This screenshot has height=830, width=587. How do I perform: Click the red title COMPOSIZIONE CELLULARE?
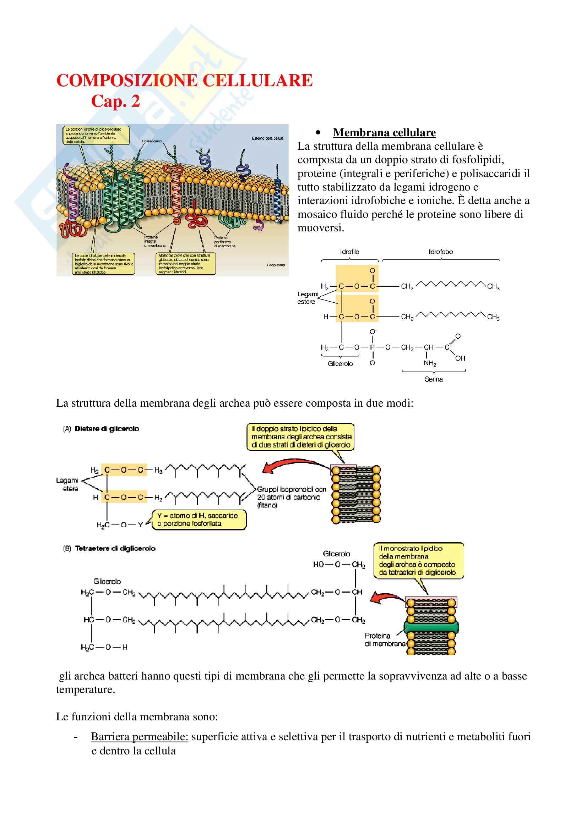click(x=184, y=80)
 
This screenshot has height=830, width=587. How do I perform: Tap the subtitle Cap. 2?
click(x=115, y=101)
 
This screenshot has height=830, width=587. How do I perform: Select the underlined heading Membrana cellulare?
click(x=384, y=133)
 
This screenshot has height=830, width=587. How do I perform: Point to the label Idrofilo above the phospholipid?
click(x=349, y=252)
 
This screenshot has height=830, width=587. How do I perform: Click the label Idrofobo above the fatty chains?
click(x=441, y=252)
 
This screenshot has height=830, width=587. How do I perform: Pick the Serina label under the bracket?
click(x=433, y=379)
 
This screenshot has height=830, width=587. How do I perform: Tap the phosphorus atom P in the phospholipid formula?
click(x=372, y=347)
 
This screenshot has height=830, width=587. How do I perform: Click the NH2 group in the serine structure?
click(x=430, y=363)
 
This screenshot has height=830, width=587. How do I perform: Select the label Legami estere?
click(x=307, y=298)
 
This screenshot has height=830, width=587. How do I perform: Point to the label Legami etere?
click(x=67, y=484)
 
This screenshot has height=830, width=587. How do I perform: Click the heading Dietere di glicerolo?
click(x=107, y=429)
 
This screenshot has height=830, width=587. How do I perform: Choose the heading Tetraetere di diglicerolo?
click(x=115, y=548)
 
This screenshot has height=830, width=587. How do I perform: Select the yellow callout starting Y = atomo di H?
click(x=198, y=520)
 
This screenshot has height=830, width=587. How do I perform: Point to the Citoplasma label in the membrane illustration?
click(x=276, y=265)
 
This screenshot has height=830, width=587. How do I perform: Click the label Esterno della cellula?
click(x=268, y=138)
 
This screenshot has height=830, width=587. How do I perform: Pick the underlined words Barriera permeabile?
click(x=140, y=736)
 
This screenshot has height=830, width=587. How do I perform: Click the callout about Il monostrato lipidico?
click(x=418, y=560)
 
